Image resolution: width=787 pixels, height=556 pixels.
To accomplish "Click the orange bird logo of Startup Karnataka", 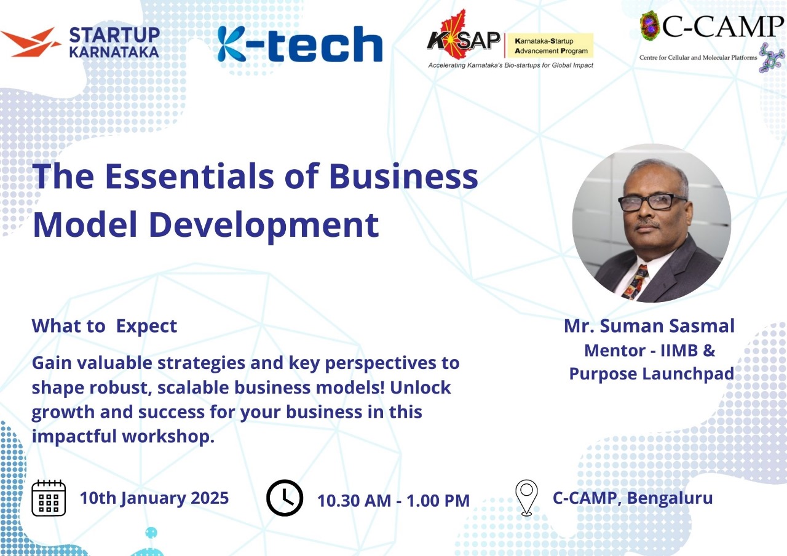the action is coord(30,43).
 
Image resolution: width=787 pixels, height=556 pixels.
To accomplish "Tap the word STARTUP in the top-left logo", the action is coord(114,35).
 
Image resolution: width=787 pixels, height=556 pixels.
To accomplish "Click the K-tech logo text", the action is coord(299,44).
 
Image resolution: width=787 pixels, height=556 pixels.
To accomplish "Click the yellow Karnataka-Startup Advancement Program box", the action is coord(550,46).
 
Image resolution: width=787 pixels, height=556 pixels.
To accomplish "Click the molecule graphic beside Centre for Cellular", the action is coord(772,58).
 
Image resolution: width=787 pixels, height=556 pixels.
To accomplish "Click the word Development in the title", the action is coord(264,226).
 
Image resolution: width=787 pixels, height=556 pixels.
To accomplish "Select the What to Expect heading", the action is coord(105,326).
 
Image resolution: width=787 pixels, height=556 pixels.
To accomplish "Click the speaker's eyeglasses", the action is coord(652,202).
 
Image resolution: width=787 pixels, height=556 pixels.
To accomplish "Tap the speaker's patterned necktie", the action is coord(636,282).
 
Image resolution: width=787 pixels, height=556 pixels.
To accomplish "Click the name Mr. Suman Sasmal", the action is coord(649,326).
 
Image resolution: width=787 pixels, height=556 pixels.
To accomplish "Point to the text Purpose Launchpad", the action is coord(652,373).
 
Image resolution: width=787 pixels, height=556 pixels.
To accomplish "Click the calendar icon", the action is coord(49,498).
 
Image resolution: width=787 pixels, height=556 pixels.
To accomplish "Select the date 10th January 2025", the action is coord(154,498).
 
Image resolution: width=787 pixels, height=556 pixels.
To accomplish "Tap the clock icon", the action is coord(285,498).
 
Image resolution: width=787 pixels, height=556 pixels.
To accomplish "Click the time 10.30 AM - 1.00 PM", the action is coord(393,501).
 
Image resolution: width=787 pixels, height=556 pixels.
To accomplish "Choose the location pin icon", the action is coord(526,498).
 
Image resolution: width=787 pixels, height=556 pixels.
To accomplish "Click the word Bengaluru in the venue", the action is coord(670,498).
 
